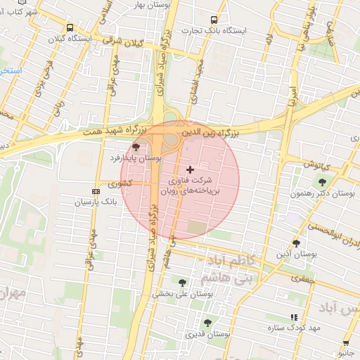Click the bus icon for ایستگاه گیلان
tap(70, 27)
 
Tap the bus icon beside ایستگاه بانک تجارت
tap(214, 20)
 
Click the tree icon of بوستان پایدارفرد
tap(136, 146)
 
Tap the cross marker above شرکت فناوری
tap(190, 169)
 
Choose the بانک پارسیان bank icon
tap(96, 191)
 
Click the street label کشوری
tap(119, 184)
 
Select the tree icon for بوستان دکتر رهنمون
tap(322, 182)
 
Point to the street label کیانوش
tap(317, 165)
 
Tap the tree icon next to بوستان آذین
tap(295, 243)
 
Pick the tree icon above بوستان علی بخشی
tap(183, 283)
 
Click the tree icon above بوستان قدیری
tap(207, 323)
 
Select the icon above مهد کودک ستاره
tap(293, 317)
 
